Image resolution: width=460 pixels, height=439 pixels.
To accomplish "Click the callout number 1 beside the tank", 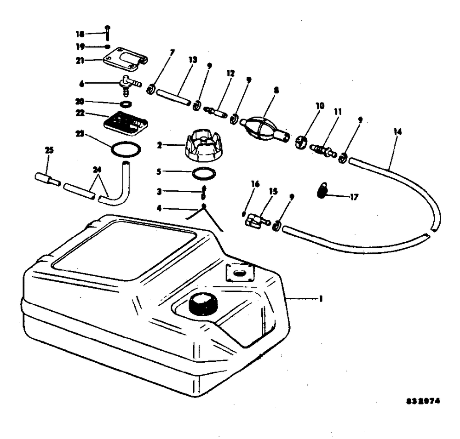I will (321, 299).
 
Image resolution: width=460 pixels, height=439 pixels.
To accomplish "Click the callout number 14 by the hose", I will (397, 132).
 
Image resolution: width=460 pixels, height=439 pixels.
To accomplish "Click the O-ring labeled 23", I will (125, 149).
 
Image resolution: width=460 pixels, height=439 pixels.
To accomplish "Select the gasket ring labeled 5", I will (203, 175).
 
